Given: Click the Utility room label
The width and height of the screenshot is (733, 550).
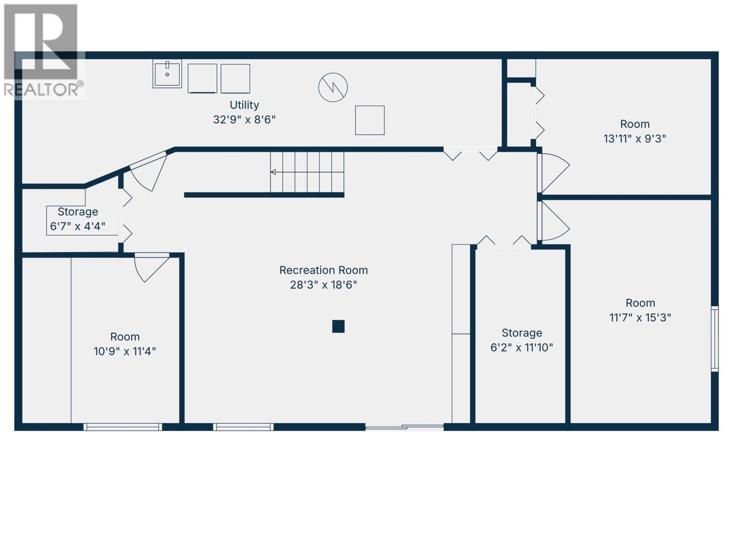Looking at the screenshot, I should click(x=244, y=105).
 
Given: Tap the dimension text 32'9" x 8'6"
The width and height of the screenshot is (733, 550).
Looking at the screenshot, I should click(x=244, y=120).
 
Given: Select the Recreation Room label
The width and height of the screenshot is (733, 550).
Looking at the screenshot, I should click(x=323, y=270).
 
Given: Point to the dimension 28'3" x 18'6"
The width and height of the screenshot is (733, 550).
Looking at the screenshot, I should click(x=323, y=285).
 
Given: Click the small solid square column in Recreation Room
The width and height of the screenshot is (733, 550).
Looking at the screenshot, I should click(x=338, y=326).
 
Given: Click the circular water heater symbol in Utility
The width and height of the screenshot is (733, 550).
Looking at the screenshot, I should click(x=333, y=87).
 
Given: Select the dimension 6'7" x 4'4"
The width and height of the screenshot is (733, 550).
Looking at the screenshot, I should click(x=77, y=226).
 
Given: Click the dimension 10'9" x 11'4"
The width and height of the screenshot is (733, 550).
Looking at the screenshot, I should click(x=125, y=352).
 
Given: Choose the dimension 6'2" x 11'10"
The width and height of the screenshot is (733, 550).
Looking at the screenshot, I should click(x=521, y=347).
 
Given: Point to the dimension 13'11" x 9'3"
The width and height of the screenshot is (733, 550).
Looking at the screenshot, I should click(x=635, y=138).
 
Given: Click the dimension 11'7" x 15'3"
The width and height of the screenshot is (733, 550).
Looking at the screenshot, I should click(x=640, y=318).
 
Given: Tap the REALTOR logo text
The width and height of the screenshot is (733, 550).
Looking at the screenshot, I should click(x=44, y=89).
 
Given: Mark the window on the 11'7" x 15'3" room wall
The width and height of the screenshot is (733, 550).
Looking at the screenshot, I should click(x=714, y=339).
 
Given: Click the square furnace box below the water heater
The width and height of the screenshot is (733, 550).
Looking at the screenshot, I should click(x=370, y=120).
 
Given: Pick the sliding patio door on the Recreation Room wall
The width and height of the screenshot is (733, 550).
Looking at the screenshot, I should click(x=405, y=427).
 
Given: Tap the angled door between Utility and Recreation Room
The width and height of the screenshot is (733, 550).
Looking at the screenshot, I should click(x=148, y=170).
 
